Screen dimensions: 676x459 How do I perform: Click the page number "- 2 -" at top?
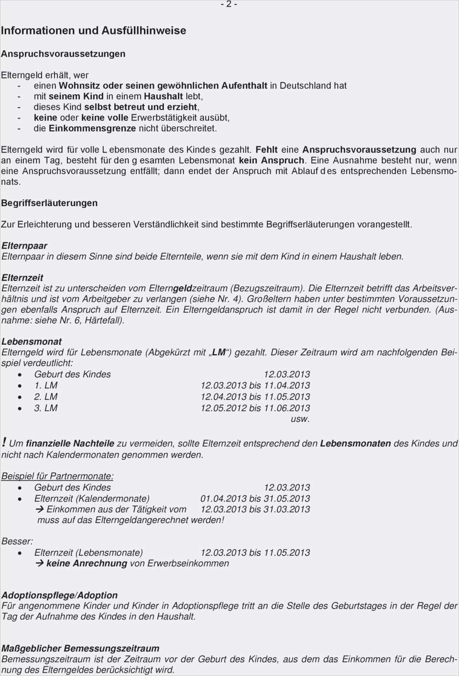click(229, 4)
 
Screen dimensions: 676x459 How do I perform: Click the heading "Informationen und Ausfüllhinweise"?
click(94, 31)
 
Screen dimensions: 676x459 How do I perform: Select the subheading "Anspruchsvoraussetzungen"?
click(63, 54)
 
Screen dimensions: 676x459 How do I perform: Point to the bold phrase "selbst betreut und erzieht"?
click(141, 107)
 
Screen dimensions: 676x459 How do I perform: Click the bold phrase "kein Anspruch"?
click(272, 160)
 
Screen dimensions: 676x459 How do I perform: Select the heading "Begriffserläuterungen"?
click(49, 203)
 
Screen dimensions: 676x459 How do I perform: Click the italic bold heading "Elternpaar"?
click(24, 246)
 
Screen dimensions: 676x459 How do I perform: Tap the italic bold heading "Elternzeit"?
click(22, 278)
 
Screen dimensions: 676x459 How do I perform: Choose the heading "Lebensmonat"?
click(32, 342)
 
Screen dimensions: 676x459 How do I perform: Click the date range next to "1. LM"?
click(255, 385)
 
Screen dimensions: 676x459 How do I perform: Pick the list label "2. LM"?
click(46, 397)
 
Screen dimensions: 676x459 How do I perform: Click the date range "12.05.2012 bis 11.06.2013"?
click(255, 408)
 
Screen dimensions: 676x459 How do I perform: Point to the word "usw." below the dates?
click(300, 419)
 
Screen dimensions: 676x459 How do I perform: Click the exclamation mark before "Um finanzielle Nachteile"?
click(4, 443)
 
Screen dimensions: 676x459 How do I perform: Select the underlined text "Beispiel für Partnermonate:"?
click(57, 476)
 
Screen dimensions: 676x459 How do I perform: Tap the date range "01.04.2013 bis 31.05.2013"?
click(255, 499)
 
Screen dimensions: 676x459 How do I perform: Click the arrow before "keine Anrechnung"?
click(40, 564)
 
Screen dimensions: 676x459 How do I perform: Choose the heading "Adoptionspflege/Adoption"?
click(59, 595)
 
